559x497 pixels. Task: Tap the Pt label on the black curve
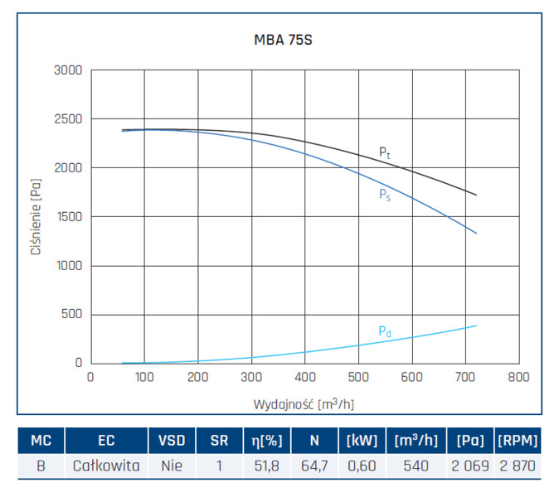385,152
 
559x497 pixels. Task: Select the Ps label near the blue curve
385,195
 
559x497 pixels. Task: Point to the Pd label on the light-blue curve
385,331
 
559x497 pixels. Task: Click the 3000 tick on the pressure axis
68,70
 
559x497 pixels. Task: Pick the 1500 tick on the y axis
68,217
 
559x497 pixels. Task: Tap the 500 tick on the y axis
71,314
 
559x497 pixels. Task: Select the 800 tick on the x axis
518,377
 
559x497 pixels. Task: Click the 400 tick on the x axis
304,377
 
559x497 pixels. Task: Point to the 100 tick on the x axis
144,377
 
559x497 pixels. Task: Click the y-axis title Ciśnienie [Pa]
36,218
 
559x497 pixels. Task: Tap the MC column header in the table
41,441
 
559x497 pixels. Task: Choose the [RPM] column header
518,441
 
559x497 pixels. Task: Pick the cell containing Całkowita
106,466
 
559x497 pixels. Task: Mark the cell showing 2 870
518,466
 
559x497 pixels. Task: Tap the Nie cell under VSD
172,466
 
